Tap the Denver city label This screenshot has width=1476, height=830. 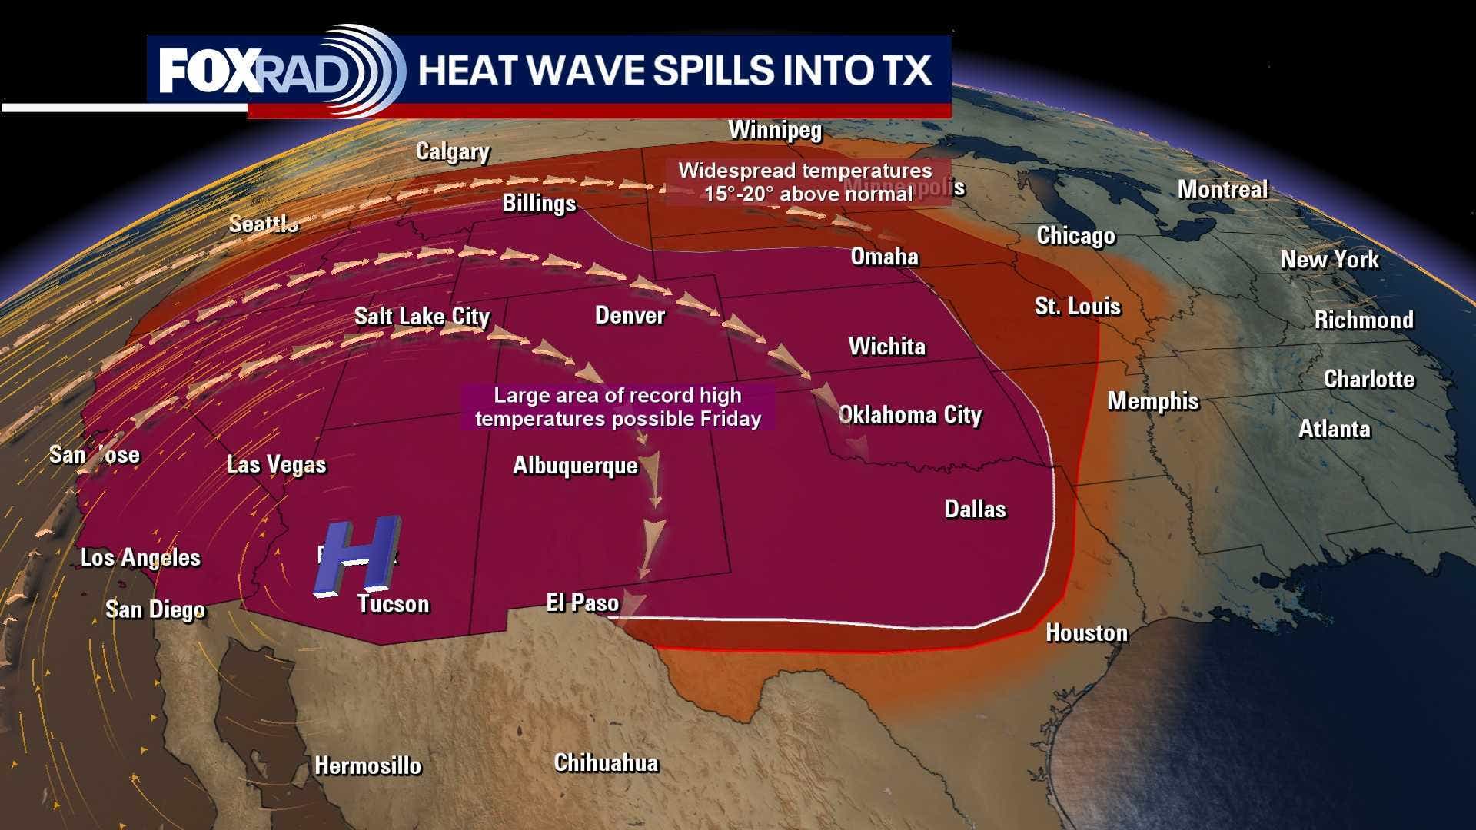(x=630, y=315)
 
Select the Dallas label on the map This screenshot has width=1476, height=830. (x=975, y=509)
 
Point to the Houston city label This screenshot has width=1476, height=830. (x=1086, y=632)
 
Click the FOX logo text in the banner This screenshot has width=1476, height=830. (x=205, y=71)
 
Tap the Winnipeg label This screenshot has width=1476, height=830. (x=775, y=130)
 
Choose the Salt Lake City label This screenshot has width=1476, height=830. (x=422, y=316)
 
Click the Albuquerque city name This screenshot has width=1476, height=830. (x=575, y=466)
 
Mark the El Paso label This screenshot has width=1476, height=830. (x=583, y=603)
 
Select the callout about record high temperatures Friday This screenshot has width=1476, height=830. (x=617, y=407)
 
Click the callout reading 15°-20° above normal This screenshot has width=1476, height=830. (x=806, y=182)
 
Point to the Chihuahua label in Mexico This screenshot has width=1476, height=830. (x=606, y=762)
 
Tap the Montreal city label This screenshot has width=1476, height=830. (x=1222, y=189)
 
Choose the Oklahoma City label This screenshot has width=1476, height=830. (x=910, y=415)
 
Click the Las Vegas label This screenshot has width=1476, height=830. (x=277, y=464)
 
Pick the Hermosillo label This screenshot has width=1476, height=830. (x=368, y=765)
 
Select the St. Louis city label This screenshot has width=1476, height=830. (x=1078, y=306)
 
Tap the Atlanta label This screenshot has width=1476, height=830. (x=1334, y=428)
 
